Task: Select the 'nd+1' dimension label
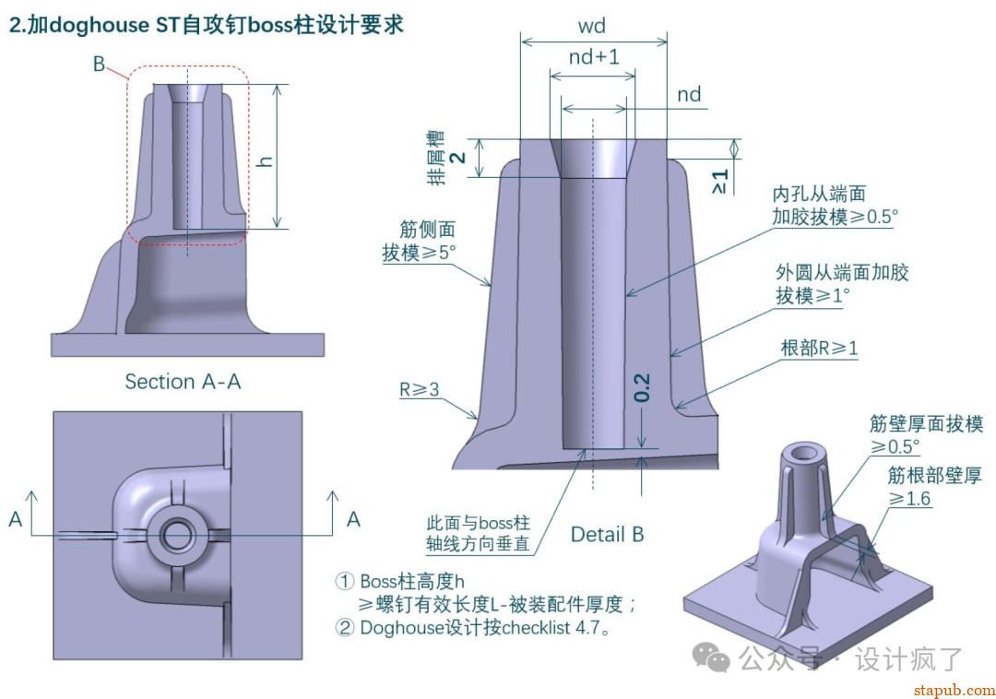tap(594, 57)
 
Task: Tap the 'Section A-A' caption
tap(183, 382)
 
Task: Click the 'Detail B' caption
tap(607, 534)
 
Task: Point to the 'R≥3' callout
tap(420, 390)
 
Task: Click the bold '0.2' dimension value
tap(643, 387)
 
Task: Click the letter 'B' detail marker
tap(99, 65)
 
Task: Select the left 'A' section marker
tap(16, 520)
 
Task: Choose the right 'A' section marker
tap(353, 520)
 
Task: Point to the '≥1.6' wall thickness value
tap(909, 499)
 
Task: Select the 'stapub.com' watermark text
tap(954, 690)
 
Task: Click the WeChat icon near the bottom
tap(712, 658)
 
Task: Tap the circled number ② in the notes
tap(344, 628)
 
